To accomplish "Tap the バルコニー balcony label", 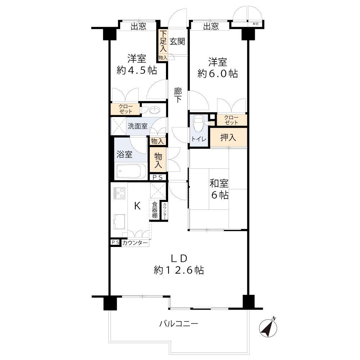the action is tap(179, 324).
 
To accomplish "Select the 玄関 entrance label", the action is tap(177, 41).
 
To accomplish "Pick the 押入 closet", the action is tap(229, 138).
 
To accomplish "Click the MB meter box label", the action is tap(255, 24).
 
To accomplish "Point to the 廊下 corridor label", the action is tap(178, 95).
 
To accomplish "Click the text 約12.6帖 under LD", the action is tap(179, 270).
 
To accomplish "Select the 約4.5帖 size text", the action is tap(137, 70).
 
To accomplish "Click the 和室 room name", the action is tap(219, 184).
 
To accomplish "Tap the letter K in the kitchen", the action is tap(137, 206).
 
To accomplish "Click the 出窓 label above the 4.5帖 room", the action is tap(139, 26).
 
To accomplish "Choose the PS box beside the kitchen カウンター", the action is tap(116, 242).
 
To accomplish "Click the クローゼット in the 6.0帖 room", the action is tap(232, 120).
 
